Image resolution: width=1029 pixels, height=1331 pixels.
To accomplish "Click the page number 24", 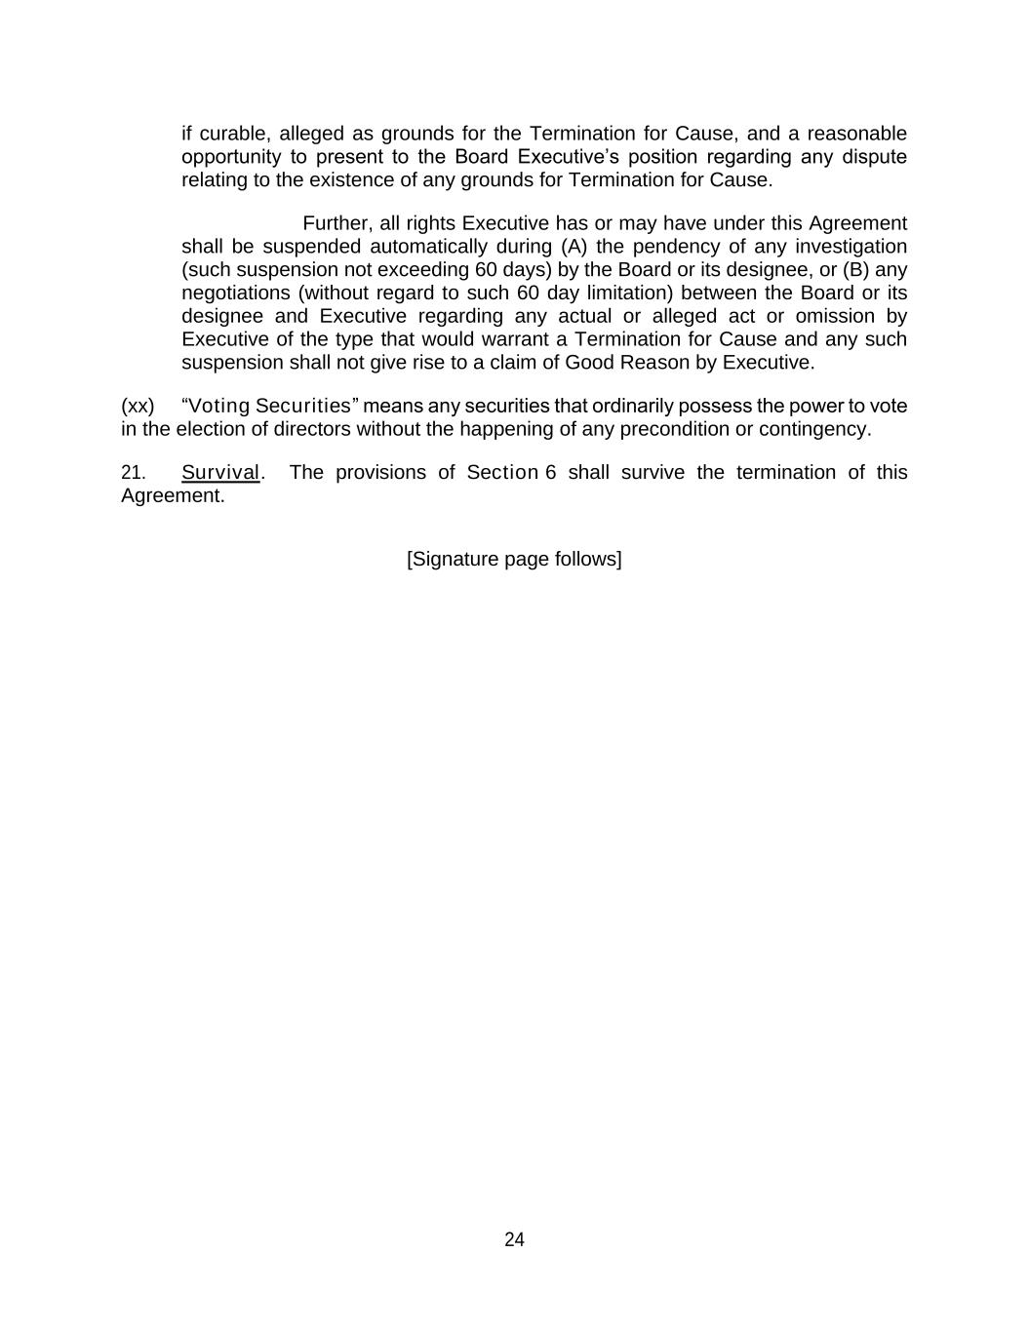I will tap(514, 1239).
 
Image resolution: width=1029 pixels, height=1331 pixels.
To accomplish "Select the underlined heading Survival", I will tap(220, 473).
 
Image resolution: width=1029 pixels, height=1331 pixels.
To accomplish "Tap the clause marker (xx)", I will tap(138, 406).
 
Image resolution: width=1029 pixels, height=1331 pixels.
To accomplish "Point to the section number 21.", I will tap(134, 473).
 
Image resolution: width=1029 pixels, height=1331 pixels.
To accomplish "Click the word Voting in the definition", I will tap(219, 406).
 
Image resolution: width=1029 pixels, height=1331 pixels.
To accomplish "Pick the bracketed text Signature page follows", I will tap(514, 559).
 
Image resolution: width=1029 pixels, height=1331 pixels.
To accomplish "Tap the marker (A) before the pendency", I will tap(574, 247).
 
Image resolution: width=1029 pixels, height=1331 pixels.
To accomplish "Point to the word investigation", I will tap(851, 247).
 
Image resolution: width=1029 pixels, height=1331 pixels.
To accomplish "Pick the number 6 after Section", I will tap(550, 473).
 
